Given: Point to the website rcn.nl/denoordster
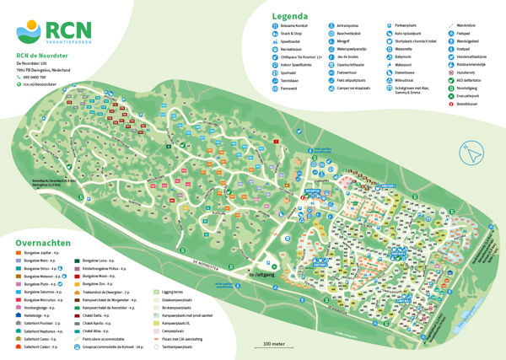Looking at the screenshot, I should [44, 84].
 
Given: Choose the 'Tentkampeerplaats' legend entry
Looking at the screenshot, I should [181, 347].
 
